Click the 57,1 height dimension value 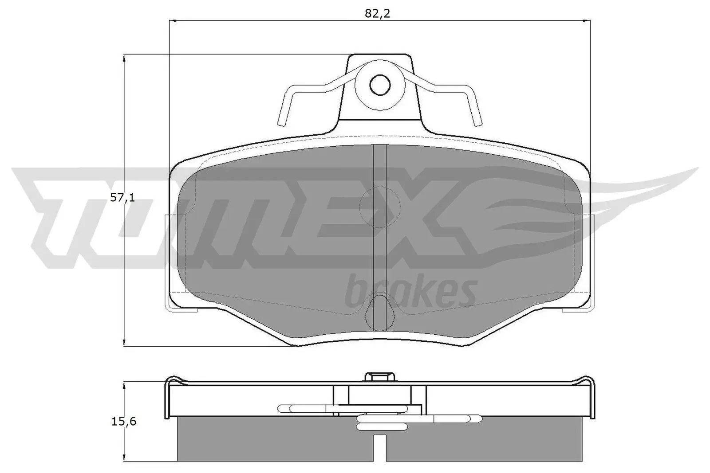(122, 198)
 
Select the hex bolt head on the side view (380, 377)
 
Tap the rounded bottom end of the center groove (380, 316)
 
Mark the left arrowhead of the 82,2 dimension (174, 20)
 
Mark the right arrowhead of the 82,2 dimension (586, 20)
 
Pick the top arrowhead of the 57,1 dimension (125, 58)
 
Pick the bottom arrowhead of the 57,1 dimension (125, 342)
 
